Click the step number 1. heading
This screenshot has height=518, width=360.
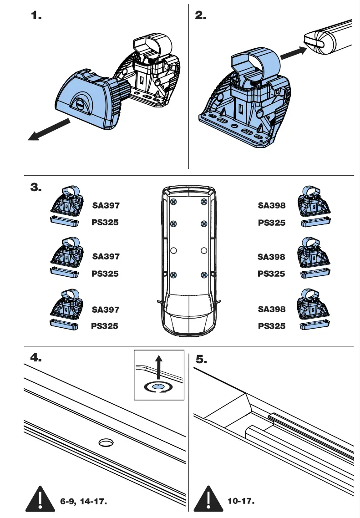pyautogui.click(x=36, y=15)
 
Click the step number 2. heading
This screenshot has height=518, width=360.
pyautogui.click(x=200, y=15)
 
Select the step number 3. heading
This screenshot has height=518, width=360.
pyautogui.click(x=36, y=188)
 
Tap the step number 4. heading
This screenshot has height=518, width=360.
pyautogui.click(x=36, y=358)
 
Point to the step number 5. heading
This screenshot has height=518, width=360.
pyautogui.click(x=201, y=359)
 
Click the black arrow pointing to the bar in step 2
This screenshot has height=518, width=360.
pyautogui.click(x=291, y=53)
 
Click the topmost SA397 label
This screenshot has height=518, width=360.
pyautogui.click(x=106, y=205)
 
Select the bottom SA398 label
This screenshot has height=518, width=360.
pyautogui.click(x=272, y=310)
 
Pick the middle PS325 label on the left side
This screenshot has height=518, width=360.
pyautogui.click(x=105, y=274)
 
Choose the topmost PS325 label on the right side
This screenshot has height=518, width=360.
pyautogui.click(x=272, y=223)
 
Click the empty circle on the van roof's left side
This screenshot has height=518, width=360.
pyautogui.click(x=173, y=250)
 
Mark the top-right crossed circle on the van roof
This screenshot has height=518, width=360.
pyautogui.click(x=204, y=201)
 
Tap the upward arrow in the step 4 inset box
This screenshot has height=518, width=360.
pyautogui.click(x=158, y=367)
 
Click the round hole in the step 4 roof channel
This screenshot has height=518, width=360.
pyautogui.click(x=106, y=442)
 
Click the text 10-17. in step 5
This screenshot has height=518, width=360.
pyautogui.click(x=240, y=501)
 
